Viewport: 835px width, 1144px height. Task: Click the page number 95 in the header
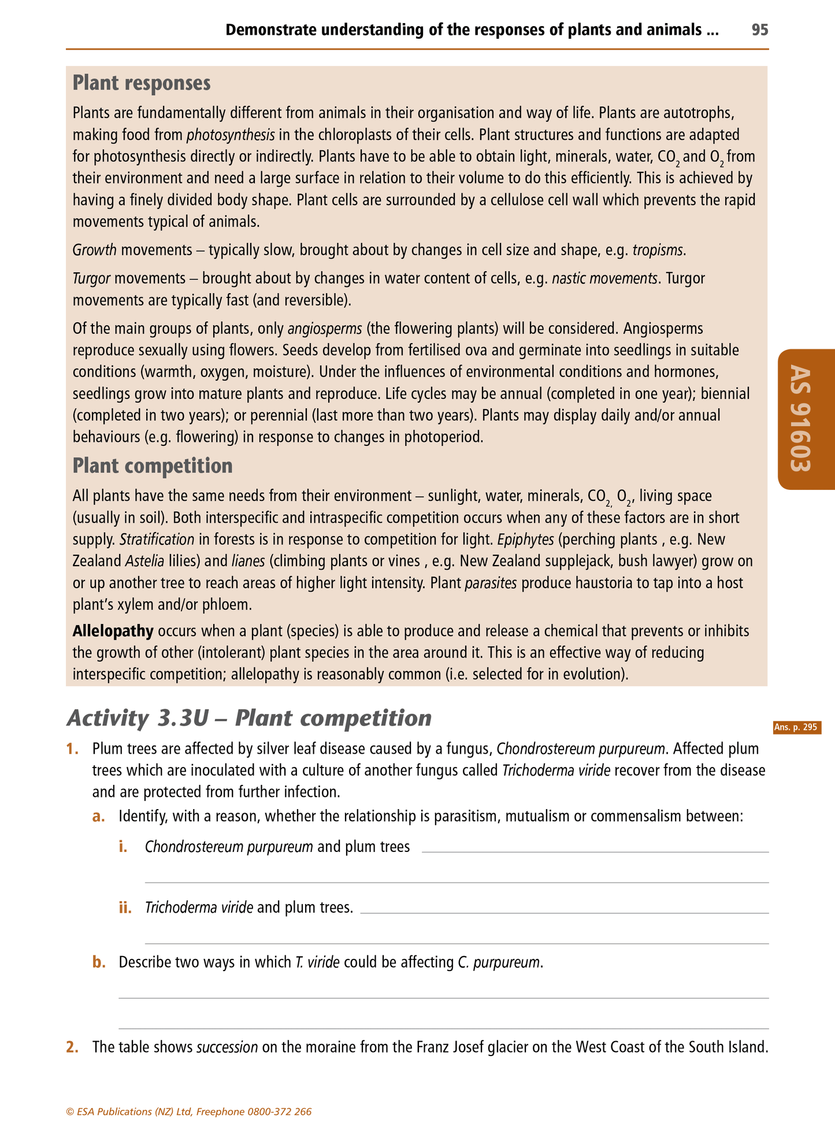click(x=759, y=30)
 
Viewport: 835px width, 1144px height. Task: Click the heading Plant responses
click(x=142, y=83)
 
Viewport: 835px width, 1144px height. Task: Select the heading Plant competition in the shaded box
click(x=153, y=466)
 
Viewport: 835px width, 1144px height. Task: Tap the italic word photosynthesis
click(x=231, y=135)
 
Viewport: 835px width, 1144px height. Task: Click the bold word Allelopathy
click(x=113, y=631)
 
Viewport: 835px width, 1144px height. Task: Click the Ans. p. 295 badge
click(x=796, y=728)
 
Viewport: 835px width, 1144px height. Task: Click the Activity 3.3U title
click(x=249, y=718)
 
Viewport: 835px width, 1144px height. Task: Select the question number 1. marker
click(x=72, y=749)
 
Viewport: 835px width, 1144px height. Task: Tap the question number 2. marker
click(x=72, y=1047)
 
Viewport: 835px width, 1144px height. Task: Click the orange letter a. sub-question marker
click(x=99, y=817)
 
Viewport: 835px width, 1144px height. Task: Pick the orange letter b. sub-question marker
click(x=99, y=962)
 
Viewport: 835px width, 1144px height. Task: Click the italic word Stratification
click(x=157, y=540)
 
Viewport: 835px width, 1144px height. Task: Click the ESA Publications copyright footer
click(x=189, y=1112)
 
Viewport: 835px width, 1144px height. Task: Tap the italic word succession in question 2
click(x=227, y=1047)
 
